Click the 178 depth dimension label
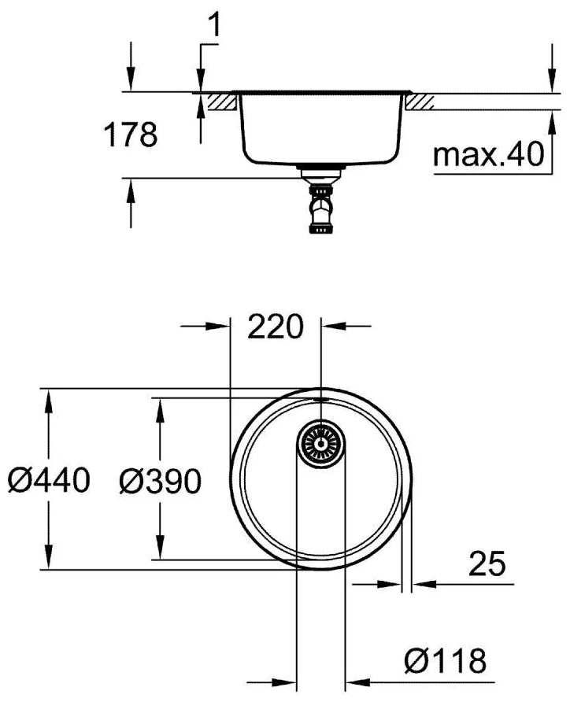coord(131,135)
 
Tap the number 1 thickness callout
coord(215,24)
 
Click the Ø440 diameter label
coord(49,480)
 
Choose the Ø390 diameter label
coord(161,481)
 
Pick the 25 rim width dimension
coord(487,563)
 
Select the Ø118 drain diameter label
coord(445,660)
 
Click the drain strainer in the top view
coord(320,444)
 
